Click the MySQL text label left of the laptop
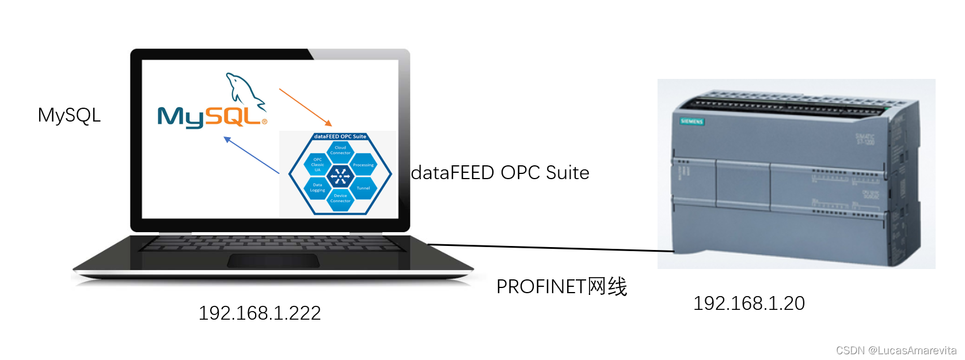tap(69, 115)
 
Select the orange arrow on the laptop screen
tap(305, 107)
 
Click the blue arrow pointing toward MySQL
tap(251, 155)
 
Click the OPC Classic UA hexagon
tap(317, 165)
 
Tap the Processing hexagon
tap(363, 165)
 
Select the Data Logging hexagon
tap(317, 188)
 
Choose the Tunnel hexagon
tap(363, 188)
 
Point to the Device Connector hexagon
tap(340, 199)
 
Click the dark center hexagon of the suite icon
tap(340, 176)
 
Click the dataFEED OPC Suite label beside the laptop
tap(500, 173)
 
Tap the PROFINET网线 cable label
tap(561, 286)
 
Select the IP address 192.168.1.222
tap(260, 313)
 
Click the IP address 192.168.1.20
tap(749, 304)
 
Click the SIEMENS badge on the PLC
tap(692, 122)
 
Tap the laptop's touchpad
tap(273, 261)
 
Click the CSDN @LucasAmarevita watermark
tap(896, 350)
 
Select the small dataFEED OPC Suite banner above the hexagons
tap(340, 137)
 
